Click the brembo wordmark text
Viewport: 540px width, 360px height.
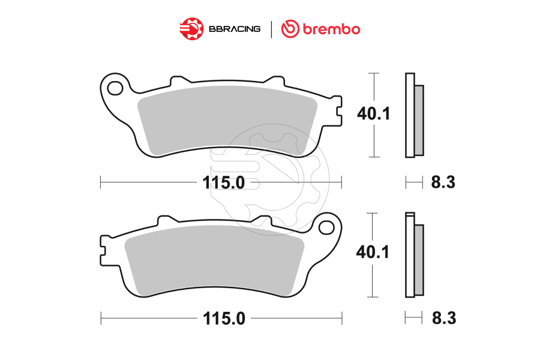coord(331,28)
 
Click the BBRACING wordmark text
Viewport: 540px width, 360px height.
coord(234,28)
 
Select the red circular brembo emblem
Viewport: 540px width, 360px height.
coord(291,28)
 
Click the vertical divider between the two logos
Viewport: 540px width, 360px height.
coord(271,28)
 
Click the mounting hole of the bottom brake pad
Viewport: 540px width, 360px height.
coord(327,227)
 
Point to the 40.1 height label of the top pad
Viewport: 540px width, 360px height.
coord(373,113)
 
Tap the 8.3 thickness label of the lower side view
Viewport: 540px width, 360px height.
coord(443,319)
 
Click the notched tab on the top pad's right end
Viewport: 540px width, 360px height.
coord(337,109)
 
